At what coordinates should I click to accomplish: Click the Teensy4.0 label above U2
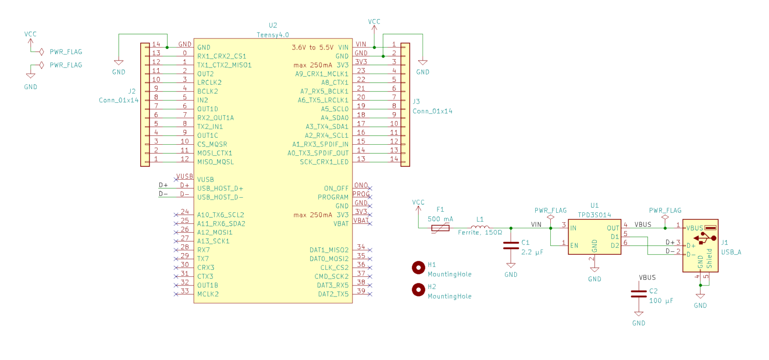(x=273, y=35)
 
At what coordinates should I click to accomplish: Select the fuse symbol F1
(x=440, y=228)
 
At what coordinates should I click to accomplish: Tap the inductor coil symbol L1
(x=480, y=226)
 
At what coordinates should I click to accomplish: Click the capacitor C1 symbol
(x=511, y=245)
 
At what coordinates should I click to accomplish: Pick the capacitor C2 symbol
(x=638, y=294)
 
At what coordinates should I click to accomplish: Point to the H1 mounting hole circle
(x=419, y=268)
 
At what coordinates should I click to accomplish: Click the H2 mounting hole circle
(x=419, y=289)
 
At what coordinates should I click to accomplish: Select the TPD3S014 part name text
(x=594, y=215)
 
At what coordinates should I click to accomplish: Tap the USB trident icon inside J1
(x=705, y=238)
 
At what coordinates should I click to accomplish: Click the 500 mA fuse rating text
(x=440, y=219)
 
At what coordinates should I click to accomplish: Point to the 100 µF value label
(x=661, y=300)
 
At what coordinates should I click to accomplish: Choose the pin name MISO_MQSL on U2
(x=215, y=162)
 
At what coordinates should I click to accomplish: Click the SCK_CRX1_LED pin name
(x=324, y=162)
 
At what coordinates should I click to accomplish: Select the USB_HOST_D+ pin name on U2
(x=220, y=188)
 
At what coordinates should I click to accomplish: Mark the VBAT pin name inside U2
(x=341, y=224)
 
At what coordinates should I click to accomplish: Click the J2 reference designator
(x=132, y=91)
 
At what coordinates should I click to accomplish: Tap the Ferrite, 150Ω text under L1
(x=480, y=232)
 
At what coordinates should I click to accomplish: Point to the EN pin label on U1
(x=574, y=246)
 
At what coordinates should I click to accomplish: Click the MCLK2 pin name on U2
(x=208, y=294)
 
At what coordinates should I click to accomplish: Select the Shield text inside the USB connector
(x=709, y=258)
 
